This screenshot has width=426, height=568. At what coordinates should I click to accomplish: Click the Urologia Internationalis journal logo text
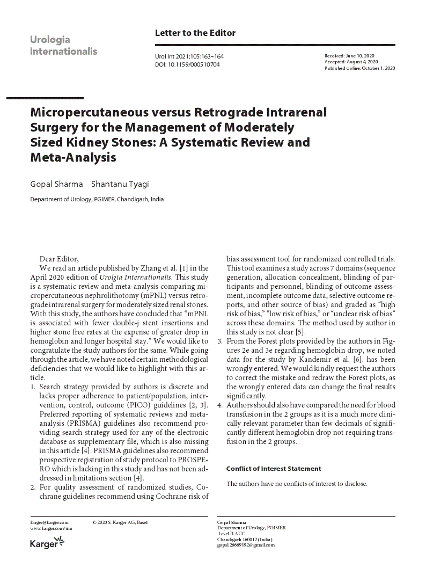pos(63,46)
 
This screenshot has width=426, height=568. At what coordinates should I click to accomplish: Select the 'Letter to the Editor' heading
pos(195,33)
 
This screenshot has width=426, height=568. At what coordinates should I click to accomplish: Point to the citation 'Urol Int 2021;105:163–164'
pos(189,56)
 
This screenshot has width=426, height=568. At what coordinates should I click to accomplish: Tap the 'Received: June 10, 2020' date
pos(350,56)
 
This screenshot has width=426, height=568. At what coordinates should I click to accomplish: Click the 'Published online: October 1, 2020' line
pos(359,68)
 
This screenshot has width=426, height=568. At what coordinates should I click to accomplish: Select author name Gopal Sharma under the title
pos(56,184)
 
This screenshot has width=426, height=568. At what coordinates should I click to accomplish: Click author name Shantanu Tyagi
pos(120,184)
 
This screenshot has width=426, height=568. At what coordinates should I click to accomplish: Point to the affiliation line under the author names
pos(97,199)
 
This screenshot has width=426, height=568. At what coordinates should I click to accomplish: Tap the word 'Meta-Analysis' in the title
pos(73,158)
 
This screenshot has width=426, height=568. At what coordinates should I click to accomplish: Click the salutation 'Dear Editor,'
pos(59,259)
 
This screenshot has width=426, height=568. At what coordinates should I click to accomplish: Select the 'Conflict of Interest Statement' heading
pos(274,469)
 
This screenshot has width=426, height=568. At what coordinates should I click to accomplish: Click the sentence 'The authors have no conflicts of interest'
pos(296,484)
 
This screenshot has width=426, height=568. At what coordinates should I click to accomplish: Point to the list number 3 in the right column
pos(220,341)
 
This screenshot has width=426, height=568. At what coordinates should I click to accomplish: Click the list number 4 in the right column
pos(220,405)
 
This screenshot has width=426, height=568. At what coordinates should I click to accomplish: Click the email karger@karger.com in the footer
pos(49,522)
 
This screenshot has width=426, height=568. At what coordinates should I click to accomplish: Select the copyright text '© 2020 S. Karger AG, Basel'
pos(120,522)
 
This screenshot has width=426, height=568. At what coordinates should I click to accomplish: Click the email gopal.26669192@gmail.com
pos(245,545)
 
